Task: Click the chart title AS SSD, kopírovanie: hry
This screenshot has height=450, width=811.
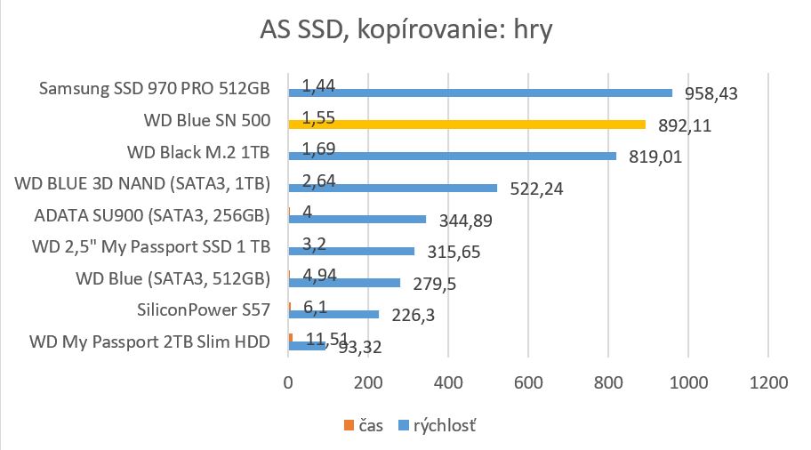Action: [406, 32]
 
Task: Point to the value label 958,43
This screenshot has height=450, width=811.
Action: [711, 93]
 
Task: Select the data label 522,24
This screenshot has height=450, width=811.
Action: [535, 189]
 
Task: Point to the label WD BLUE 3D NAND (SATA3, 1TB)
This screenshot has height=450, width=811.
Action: [143, 184]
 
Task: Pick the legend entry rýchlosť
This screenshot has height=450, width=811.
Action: [441, 426]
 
